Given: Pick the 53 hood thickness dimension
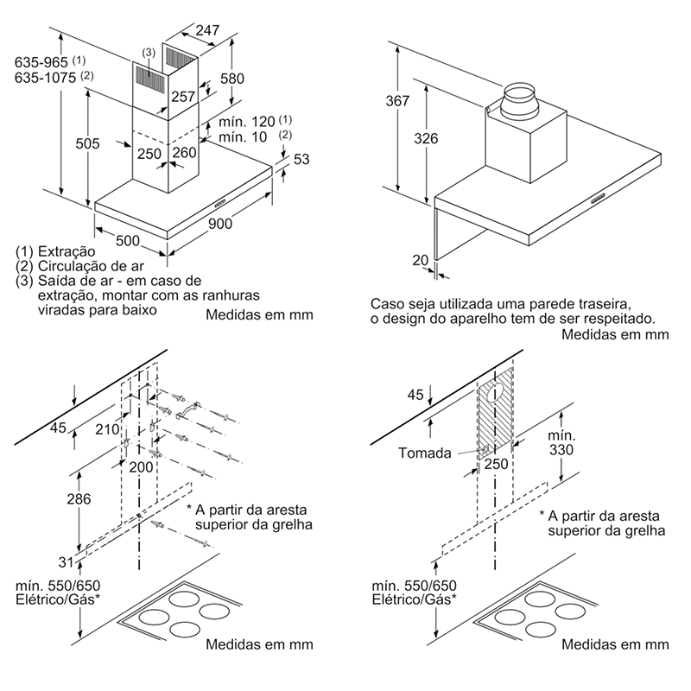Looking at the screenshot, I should coord(301,158).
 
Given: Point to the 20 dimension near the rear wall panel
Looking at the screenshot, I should coord(421,259).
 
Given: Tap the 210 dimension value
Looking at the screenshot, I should coord(108,428).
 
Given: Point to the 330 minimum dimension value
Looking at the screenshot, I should coord(561,450).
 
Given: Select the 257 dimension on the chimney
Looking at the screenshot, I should coord(183,97).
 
